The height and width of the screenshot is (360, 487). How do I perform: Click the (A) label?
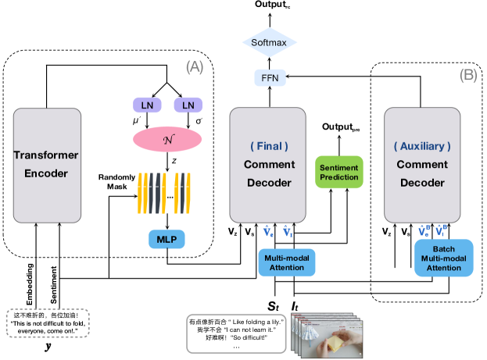[196, 68]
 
